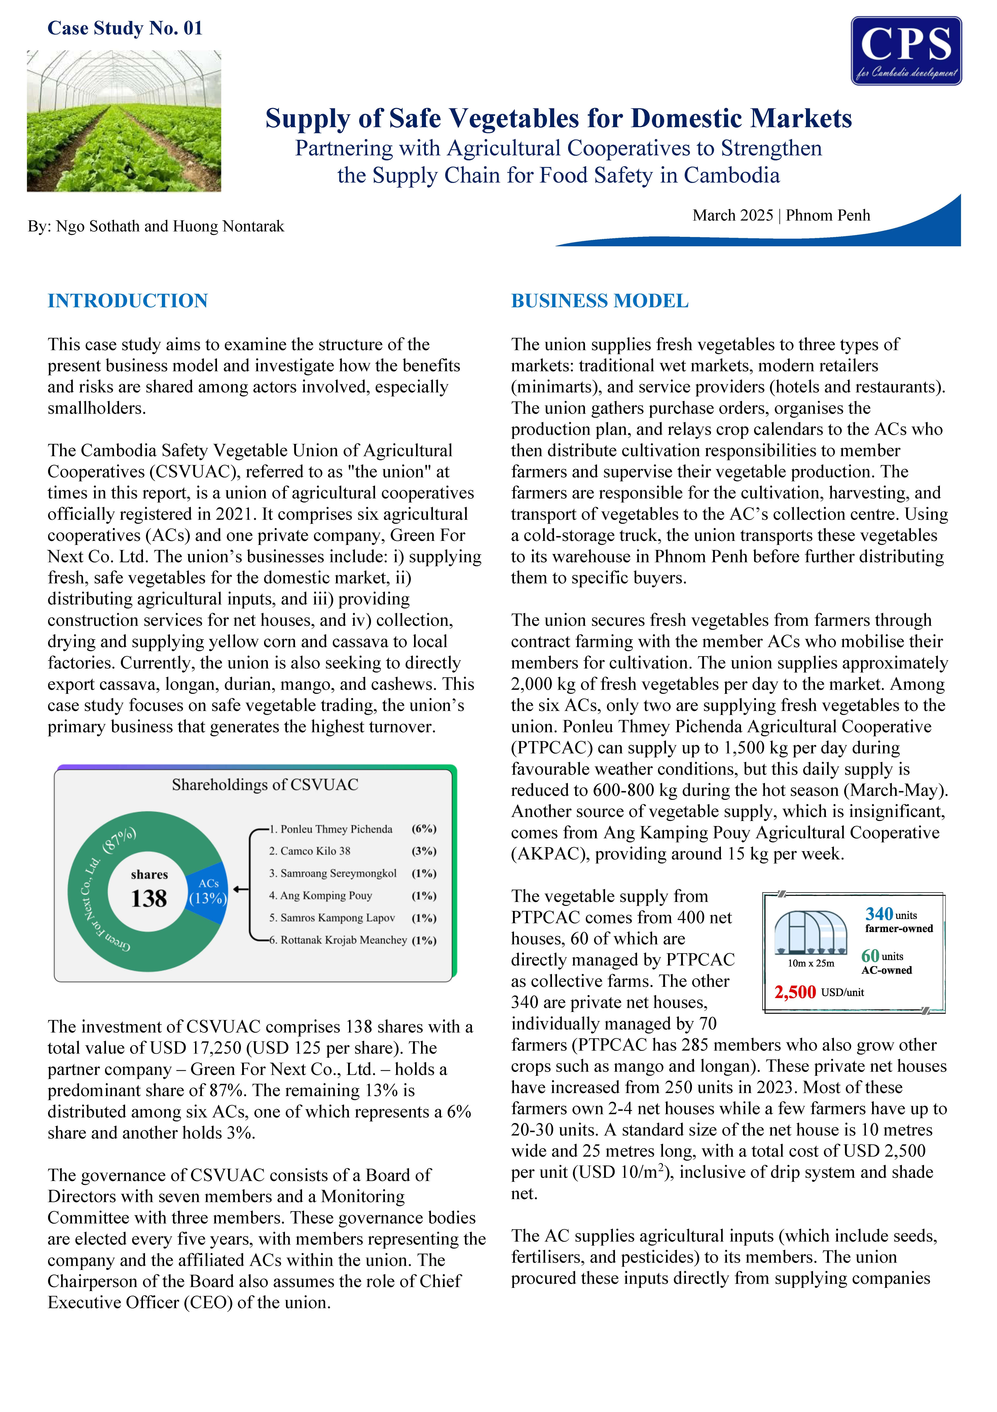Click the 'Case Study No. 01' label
tap(125, 28)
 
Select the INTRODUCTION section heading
tap(128, 301)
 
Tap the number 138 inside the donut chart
tap(149, 898)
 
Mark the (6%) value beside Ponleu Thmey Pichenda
tap(424, 829)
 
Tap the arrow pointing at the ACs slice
tap(241, 889)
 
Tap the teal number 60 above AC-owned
tap(870, 956)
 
